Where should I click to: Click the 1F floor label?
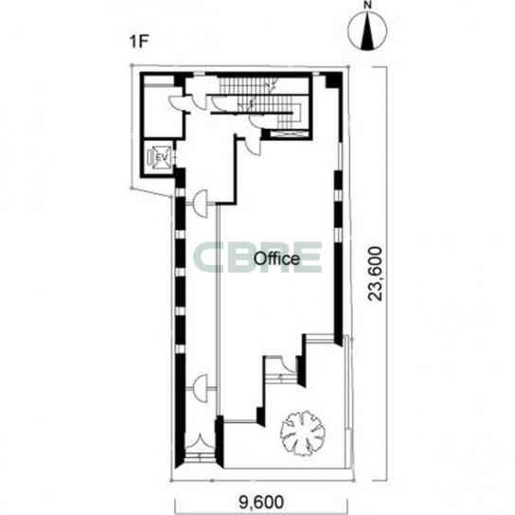coord(139,42)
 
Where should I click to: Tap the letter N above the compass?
coord(367,6)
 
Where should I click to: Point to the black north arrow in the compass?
coord(367,33)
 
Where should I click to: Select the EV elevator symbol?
coord(159,157)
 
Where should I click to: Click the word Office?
coord(276,258)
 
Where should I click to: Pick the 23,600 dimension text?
coord(376,274)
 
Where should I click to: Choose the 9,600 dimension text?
coord(261,502)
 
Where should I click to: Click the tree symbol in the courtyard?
coord(303,434)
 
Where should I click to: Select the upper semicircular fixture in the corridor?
coord(202,204)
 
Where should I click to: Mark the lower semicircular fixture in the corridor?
coord(202,388)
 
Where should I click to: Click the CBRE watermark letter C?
coord(206,257)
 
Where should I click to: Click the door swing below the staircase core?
coord(254,144)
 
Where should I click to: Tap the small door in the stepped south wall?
coord(287,364)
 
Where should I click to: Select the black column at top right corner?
coord(332,80)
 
